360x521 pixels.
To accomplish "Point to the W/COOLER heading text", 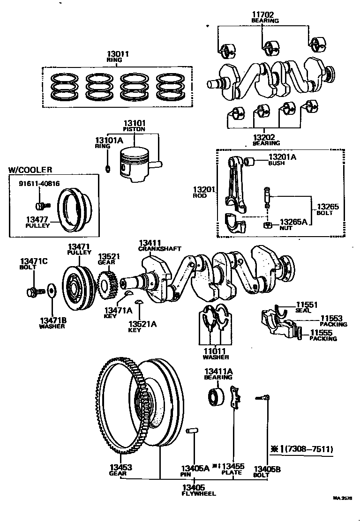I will click(x=30, y=170).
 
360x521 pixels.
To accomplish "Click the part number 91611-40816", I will click(x=39, y=183).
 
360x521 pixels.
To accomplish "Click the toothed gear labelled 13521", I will click(x=106, y=285).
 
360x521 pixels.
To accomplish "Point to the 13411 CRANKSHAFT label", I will click(x=159, y=246).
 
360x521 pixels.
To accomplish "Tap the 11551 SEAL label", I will click(x=306, y=307).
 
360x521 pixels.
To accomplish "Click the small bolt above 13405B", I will click(x=262, y=398).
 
